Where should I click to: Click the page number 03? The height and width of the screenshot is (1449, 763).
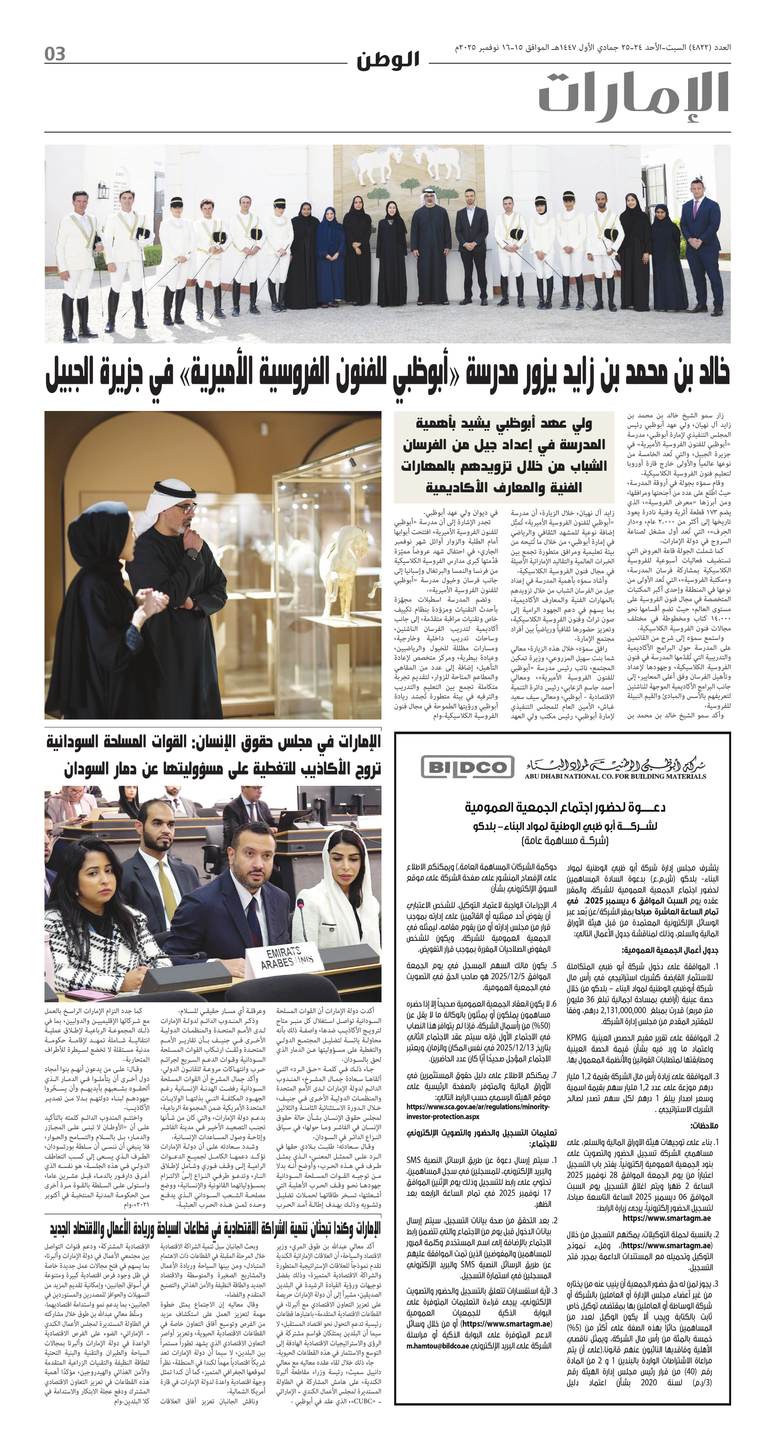[x=55, y=55]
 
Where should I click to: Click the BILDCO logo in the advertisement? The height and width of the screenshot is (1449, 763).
[x=468, y=767]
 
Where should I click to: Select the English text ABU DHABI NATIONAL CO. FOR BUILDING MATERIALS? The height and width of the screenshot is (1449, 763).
[x=615, y=776]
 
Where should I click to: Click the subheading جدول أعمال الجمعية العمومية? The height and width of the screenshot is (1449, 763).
[x=669, y=950]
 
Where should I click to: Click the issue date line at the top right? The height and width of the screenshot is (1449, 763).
[x=592, y=47]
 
